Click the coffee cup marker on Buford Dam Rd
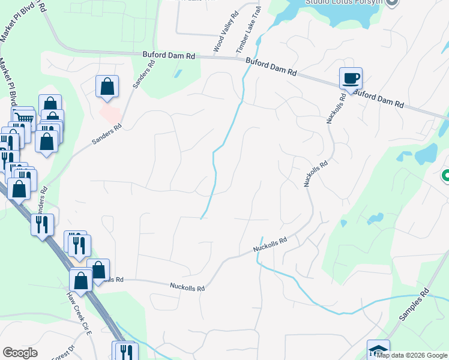351,78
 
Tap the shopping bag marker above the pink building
107,86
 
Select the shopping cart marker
23,118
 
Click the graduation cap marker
378,350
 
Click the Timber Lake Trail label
249,27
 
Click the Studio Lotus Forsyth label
343,2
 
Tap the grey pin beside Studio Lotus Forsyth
393,2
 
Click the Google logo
20,353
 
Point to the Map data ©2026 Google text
412,355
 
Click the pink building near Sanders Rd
110,112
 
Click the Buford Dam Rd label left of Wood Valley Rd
169,55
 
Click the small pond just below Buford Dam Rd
178,74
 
